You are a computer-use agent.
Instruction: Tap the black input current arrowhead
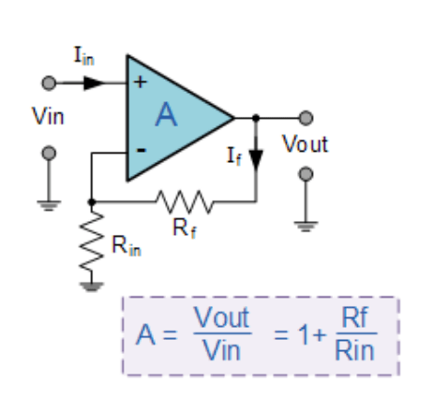92,82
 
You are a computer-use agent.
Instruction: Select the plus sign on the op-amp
141,82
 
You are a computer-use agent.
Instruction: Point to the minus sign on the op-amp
141,150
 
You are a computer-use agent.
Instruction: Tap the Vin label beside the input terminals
49,117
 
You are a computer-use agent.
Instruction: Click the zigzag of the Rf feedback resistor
176,200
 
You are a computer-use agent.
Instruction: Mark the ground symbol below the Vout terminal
306,223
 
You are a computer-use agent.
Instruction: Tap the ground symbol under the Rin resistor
91,286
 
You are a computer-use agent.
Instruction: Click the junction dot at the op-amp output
256,118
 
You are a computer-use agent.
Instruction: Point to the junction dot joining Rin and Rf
91,200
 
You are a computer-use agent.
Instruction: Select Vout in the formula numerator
222,319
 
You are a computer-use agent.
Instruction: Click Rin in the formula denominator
353,351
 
